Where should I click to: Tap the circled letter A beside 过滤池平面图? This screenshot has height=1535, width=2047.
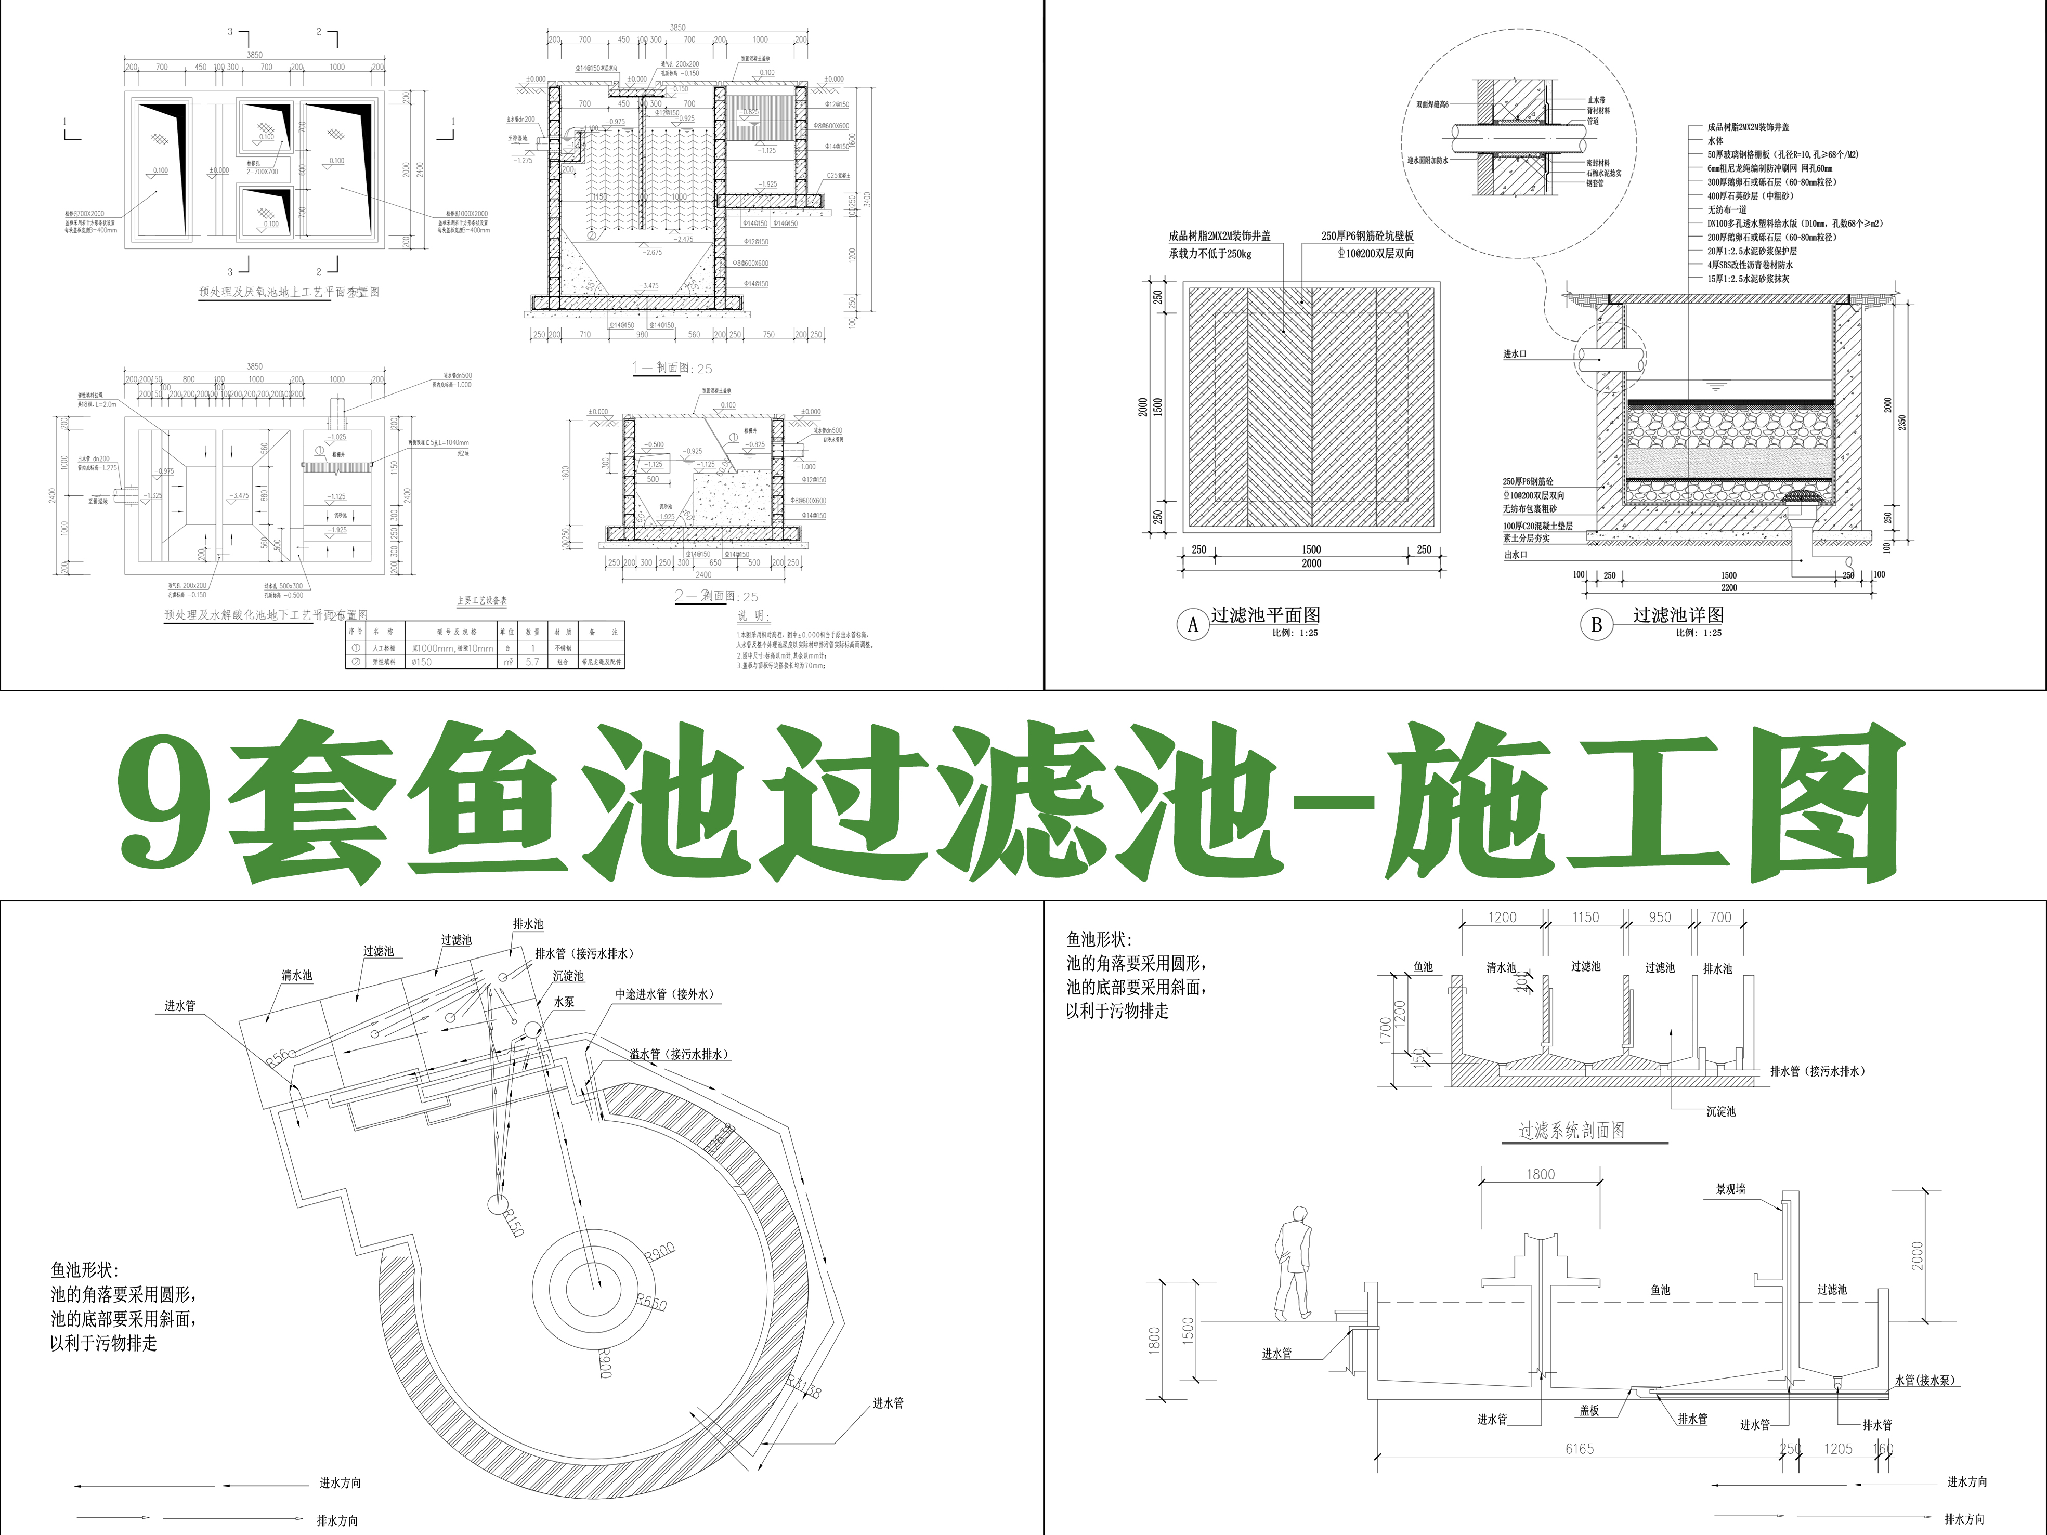click(x=1193, y=624)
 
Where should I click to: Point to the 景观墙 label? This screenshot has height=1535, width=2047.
click(x=1730, y=1189)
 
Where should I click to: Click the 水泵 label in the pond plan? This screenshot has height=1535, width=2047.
click(x=565, y=1001)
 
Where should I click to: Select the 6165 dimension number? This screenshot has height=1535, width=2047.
click(x=1580, y=1449)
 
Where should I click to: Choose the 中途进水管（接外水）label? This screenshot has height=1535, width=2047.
click(x=664, y=994)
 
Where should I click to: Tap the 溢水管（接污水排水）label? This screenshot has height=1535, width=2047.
click(x=679, y=1054)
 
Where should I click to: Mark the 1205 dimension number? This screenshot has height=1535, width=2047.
click(x=1838, y=1449)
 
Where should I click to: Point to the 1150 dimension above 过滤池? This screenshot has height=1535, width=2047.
click(x=1585, y=917)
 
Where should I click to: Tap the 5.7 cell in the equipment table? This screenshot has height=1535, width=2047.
click(x=532, y=662)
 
